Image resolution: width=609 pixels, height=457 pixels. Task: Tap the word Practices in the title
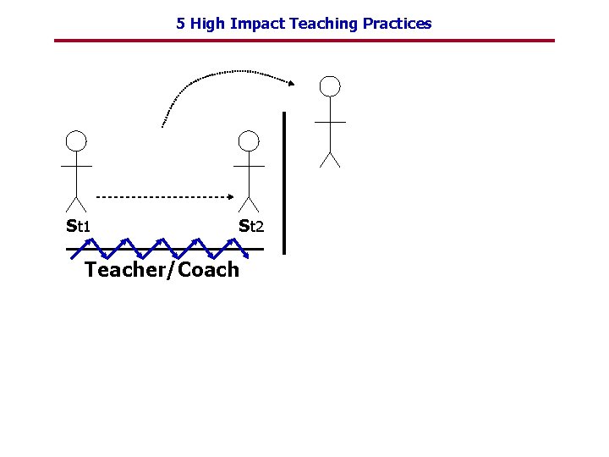pos(397,24)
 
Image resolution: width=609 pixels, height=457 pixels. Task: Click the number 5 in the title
pos(180,24)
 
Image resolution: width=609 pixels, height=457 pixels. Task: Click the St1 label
pos(79,226)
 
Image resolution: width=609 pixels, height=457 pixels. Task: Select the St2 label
pos(251,226)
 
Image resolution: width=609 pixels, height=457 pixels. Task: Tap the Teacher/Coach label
pos(162,270)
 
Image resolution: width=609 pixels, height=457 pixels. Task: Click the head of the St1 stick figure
pos(76,140)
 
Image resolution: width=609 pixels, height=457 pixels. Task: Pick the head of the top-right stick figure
pos(330,85)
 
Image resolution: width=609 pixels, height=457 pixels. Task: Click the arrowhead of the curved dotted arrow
pos(291,83)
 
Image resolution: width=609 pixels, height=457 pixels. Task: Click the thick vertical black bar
pos(284,182)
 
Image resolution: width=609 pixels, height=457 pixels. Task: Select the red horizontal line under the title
pos(304,41)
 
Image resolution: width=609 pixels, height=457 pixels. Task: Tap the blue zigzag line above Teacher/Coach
pos(161,248)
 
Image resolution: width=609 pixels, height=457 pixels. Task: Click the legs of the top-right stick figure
pos(330,159)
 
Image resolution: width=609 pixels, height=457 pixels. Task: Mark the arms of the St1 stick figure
pos(76,166)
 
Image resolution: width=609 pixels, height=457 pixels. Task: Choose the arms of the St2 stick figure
pos(248,166)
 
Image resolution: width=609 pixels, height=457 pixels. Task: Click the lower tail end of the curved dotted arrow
pos(162,125)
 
